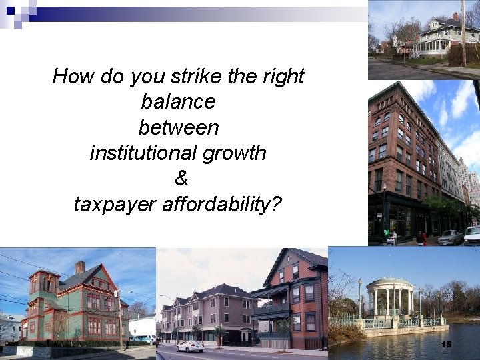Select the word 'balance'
tap(178, 102)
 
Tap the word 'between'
tap(178, 127)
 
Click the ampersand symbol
tap(181, 179)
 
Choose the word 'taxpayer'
tap(115, 204)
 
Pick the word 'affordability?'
tap(222, 204)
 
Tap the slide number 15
tap(446, 344)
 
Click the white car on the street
tap(190, 346)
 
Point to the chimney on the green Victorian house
tap(80, 267)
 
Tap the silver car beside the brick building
tap(451, 237)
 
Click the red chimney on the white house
tap(455, 16)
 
